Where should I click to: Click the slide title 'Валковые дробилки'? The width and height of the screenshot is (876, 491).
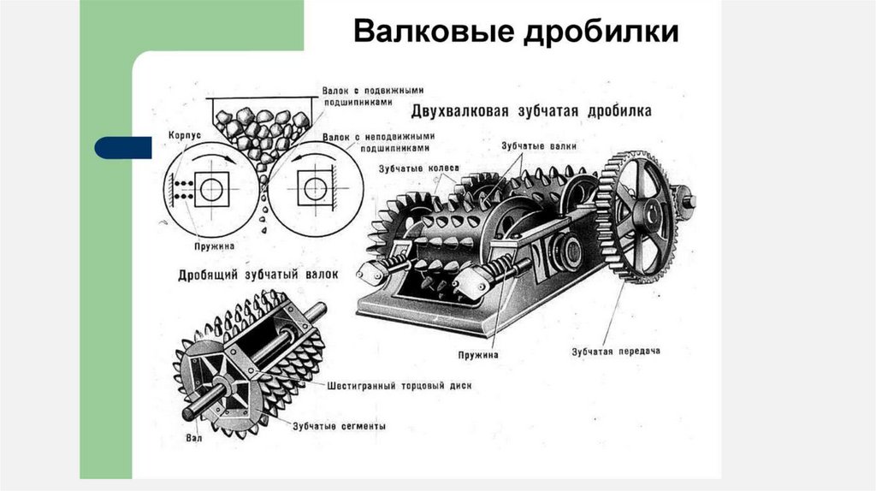[x=517, y=32]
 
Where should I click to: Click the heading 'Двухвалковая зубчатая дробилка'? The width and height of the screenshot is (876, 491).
[x=532, y=111]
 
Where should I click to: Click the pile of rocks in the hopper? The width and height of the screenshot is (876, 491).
[x=262, y=128]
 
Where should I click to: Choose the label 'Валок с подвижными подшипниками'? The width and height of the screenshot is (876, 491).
[x=374, y=94]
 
